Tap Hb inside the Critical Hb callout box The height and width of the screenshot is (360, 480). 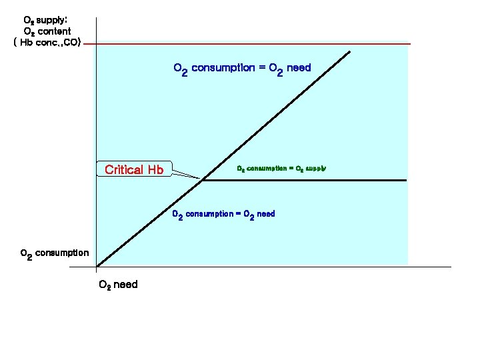click(155, 169)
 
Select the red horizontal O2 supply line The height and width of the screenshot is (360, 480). click(267, 44)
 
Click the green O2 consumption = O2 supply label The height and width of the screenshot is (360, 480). click(281, 169)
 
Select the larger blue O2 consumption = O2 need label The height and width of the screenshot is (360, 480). click(242, 68)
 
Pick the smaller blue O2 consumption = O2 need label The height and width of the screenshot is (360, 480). click(223, 214)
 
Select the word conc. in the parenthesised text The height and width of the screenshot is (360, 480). click(49, 43)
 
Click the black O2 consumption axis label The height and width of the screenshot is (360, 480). click(55, 253)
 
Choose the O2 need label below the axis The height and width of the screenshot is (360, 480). click(118, 285)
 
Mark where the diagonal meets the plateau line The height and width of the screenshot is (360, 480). click(203, 180)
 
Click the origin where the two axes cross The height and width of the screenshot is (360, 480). click(97, 267)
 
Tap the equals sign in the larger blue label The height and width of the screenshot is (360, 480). click(263, 68)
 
